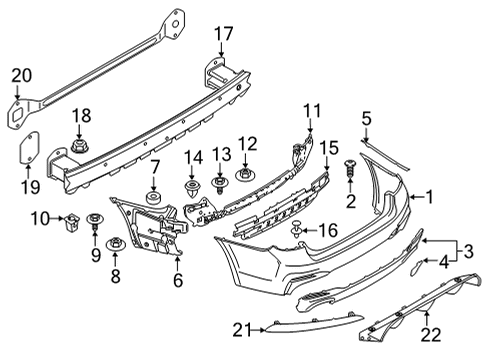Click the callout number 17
223,34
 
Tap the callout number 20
22,75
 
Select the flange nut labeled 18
79,146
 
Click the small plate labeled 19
29,148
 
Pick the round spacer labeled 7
154,198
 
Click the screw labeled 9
95,221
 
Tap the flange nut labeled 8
115,244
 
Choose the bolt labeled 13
220,185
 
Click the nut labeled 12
245,175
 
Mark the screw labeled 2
350,169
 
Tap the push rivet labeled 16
297,229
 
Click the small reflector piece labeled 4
417,267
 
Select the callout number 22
431,335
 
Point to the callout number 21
243,330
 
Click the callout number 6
178,280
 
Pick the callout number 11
312,111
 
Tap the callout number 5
366,119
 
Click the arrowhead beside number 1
412,197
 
